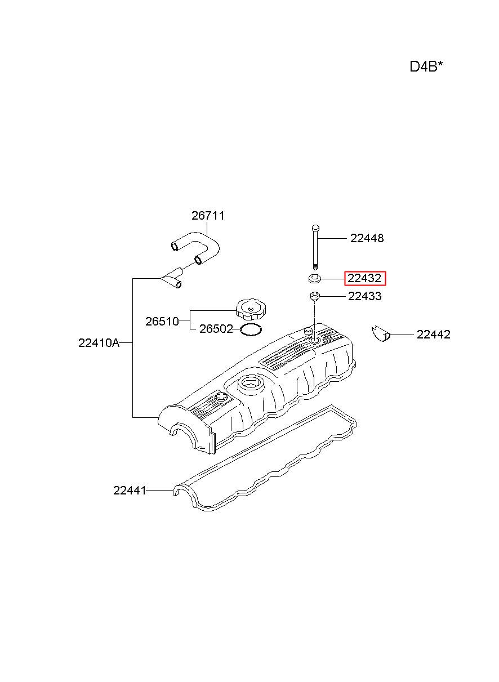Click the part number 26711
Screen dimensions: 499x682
click(208, 216)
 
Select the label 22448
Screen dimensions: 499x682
click(367, 238)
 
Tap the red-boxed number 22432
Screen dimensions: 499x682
click(364, 278)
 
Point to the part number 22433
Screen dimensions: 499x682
click(365, 296)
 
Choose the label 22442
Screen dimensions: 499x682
click(433, 335)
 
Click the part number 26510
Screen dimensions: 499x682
click(162, 321)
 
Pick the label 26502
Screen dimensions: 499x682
click(216, 329)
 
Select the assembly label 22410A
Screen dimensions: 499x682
click(99, 343)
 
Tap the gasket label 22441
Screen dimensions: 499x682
click(130, 490)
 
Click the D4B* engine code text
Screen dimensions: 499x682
click(426, 66)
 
